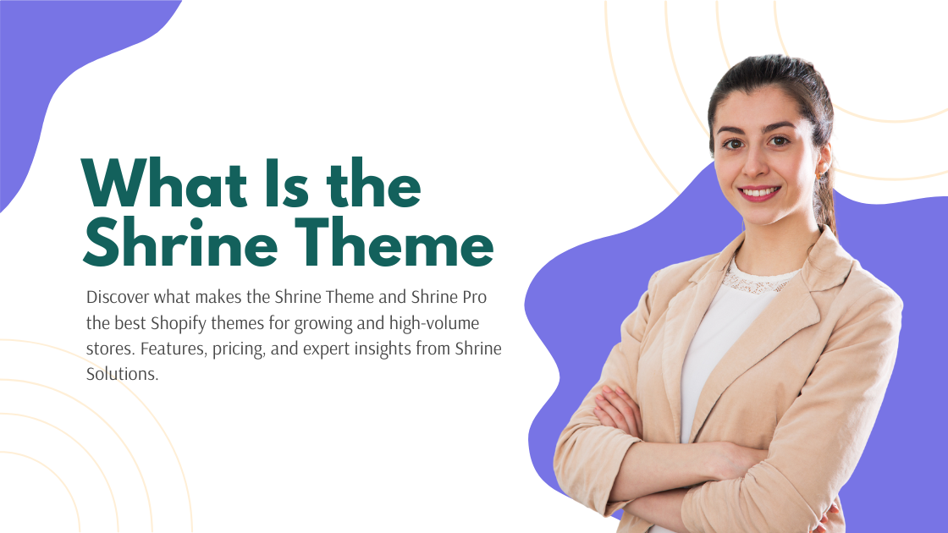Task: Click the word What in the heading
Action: (x=164, y=184)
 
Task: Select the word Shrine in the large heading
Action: (x=180, y=242)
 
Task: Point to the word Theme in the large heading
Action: (x=394, y=242)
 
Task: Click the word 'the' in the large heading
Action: (x=373, y=184)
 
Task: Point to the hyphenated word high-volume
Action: (x=434, y=322)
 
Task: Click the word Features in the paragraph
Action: (x=174, y=349)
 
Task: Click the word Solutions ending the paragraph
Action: (x=122, y=374)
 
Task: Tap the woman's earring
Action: (x=818, y=174)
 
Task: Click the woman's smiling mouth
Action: (x=759, y=193)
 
